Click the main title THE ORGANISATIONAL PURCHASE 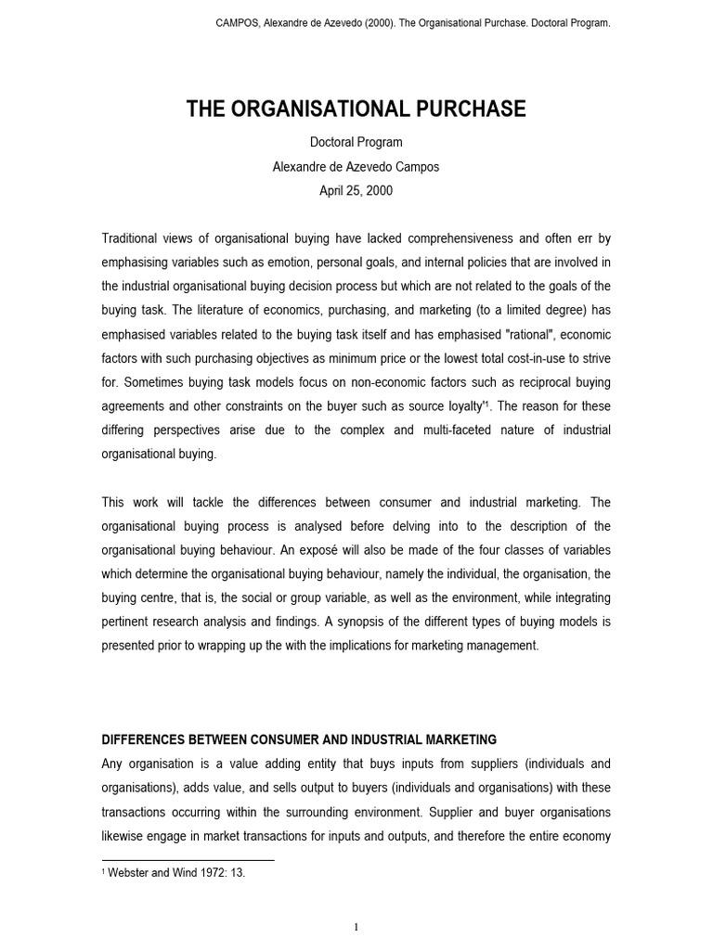tap(356, 109)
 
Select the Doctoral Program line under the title tap(356, 143)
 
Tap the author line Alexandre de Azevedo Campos tap(356, 167)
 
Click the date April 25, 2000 tap(356, 191)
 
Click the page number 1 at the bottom tap(356, 927)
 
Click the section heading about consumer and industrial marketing tap(299, 739)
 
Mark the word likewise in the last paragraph tap(124, 836)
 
